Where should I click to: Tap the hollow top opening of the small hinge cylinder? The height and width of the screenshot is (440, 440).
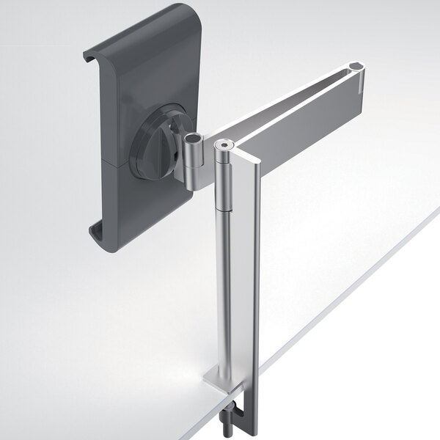point(192,139)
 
